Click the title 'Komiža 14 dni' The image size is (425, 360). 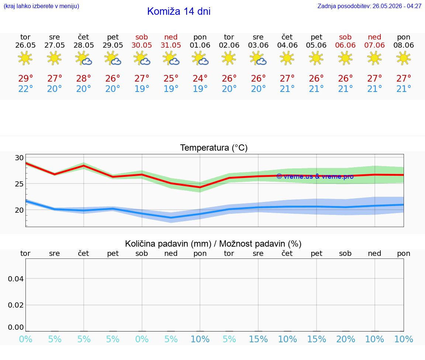pyautogui.click(x=179, y=11)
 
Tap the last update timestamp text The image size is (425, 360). pyautogui.click(x=369, y=6)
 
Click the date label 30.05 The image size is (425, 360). pyautogui.click(x=142, y=45)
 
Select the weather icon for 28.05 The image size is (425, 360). pyautogui.click(x=83, y=59)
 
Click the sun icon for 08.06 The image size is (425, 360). pyautogui.click(x=404, y=58)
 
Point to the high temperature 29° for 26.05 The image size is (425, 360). pyautogui.click(x=25, y=78)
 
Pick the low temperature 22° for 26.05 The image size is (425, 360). pyautogui.click(x=25, y=89)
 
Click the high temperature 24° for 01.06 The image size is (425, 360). pyautogui.click(x=200, y=78)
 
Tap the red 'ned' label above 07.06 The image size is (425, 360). pyautogui.click(x=374, y=37)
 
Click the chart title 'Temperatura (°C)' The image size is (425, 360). pyautogui.click(x=214, y=148)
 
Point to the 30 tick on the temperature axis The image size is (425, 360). pyautogui.click(x=19, y=158)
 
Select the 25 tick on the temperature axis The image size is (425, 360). pyautogui.click(x=19, y=184)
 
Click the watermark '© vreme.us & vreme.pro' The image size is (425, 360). pyautogui.click(x=315, y=176)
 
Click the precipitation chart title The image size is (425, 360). pyautogui.click(x=213, y=244)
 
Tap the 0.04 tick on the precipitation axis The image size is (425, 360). pyautogui.click(x=16, y=279)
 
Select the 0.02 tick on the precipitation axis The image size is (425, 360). pyautogui.click(x=16, y=305)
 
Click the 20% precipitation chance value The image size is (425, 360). pyautogui.click(x=346, y=339)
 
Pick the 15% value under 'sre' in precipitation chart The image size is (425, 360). pyautogui.click(x=258, y=339)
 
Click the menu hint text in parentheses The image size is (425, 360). pyautogui.click(x=41, y=6)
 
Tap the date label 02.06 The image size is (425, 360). pyautogui.click(x=229, y=45)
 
